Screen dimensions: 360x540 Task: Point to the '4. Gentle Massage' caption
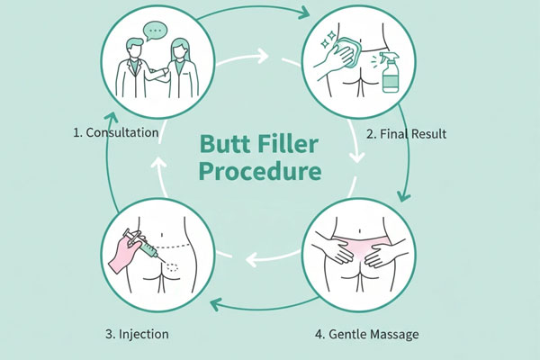click(x=368, y=334)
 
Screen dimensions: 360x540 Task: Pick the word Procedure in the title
click(x=270, y=172)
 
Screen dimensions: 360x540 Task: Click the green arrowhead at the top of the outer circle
click(x=303, y=13)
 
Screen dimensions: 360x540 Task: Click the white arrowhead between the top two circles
click(x=263, y=57)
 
